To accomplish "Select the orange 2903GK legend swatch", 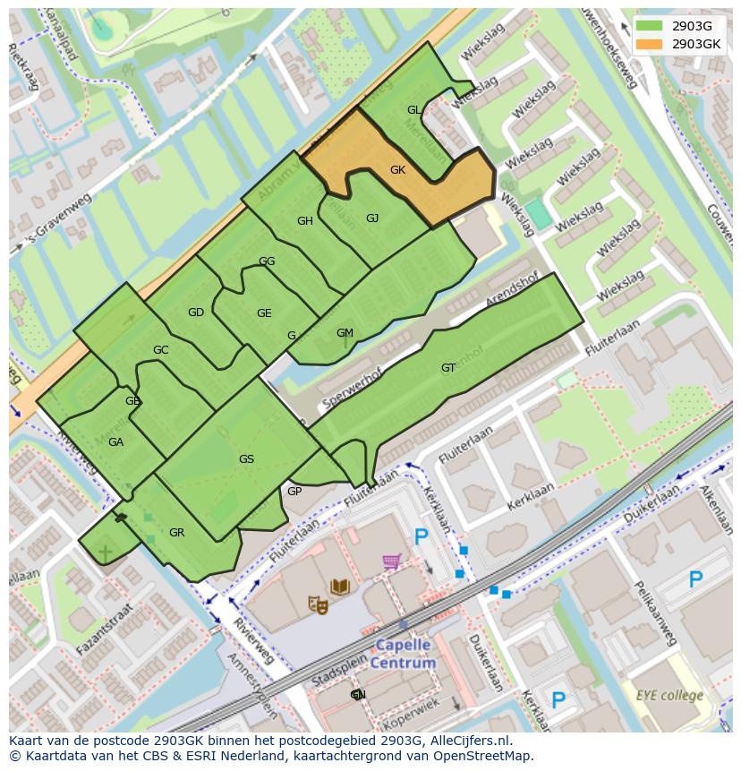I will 651,44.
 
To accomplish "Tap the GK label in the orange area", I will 397,169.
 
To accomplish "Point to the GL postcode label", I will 413,110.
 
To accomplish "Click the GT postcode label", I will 448,368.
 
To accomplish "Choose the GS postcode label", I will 246,459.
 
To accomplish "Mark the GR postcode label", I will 176,533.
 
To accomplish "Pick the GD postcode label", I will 196,313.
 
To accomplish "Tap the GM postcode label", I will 345,333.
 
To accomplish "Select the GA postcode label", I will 115,442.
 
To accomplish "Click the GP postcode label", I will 294,492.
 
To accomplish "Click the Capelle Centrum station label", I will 402,654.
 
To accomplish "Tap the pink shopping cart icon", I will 391,562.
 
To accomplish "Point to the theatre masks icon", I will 318,605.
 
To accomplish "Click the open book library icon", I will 339,587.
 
